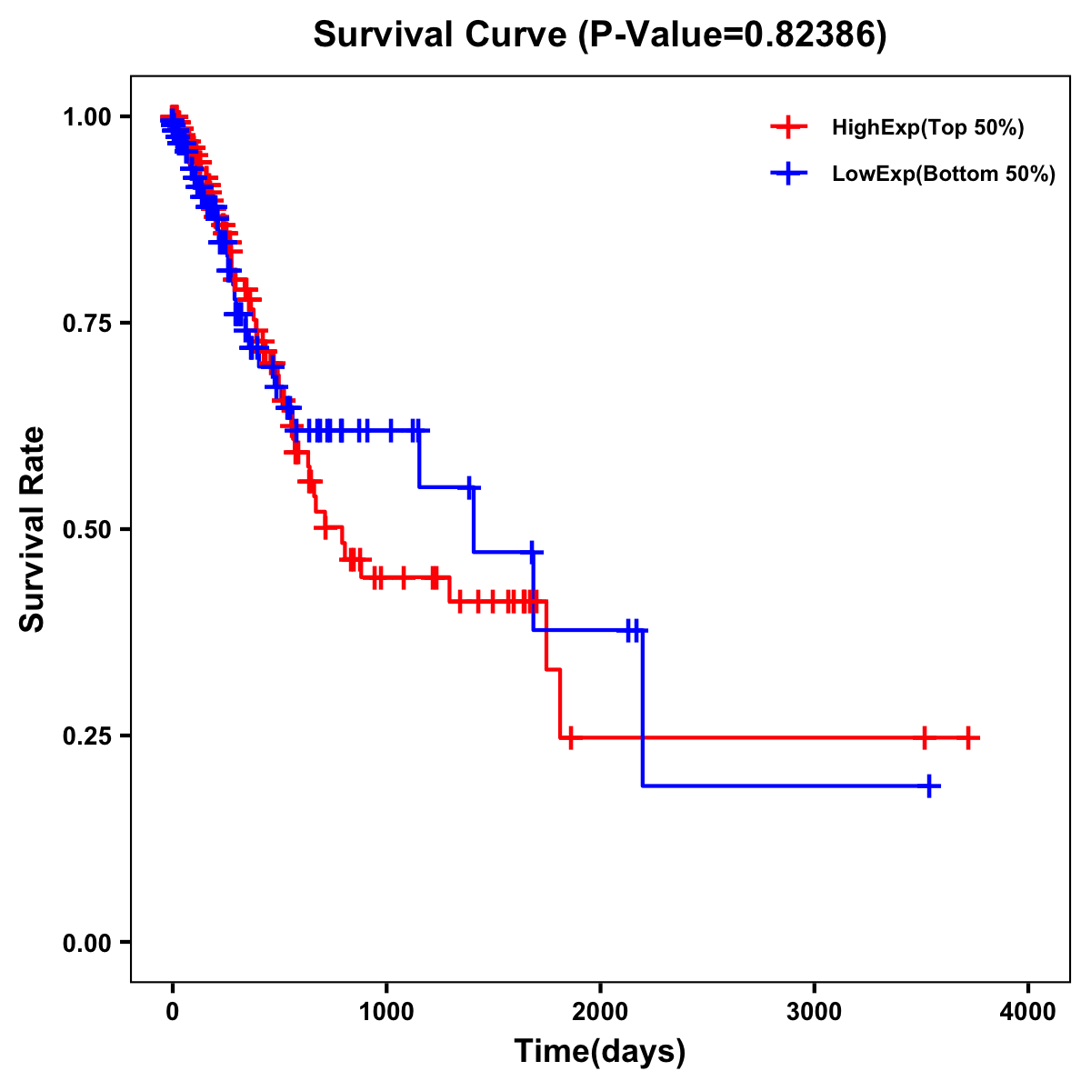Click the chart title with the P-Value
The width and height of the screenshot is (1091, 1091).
[x=600, y=35]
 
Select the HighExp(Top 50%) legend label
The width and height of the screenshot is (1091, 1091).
[x=927, y=128]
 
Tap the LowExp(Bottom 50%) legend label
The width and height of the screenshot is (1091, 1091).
[x=944, y=174]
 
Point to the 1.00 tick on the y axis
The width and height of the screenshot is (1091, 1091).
[x=87, y=116]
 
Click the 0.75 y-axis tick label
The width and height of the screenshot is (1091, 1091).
[x=87, y=323]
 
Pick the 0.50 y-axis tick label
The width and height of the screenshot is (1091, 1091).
[x=87, y=529]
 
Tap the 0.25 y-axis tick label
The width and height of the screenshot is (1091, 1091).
[x=87, y=736]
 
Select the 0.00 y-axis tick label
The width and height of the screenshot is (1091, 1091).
[x=87, y=942]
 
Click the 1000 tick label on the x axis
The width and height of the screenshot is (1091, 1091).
[x=386, y=1012]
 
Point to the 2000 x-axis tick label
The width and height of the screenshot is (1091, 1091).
[x=600, y=1012]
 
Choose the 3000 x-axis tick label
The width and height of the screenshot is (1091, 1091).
[x=815, y=1012]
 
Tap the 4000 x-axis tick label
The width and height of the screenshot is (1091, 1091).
[x=1028, y=1012]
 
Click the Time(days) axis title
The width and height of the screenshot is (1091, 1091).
[x=600, y=1052]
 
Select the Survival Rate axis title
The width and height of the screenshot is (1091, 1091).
[x=34, y=529]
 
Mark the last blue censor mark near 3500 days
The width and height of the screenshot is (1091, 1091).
[x=929, y=786]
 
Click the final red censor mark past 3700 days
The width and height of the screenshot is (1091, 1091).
[x=968, y=737]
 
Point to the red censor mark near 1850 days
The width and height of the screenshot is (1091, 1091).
[x=570, y=737]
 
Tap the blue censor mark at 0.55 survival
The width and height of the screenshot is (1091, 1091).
[x=469, y=487]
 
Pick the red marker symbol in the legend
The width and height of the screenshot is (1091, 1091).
[x=788, y=128]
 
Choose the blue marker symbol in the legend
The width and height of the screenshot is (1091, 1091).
[x=788, y=174]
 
